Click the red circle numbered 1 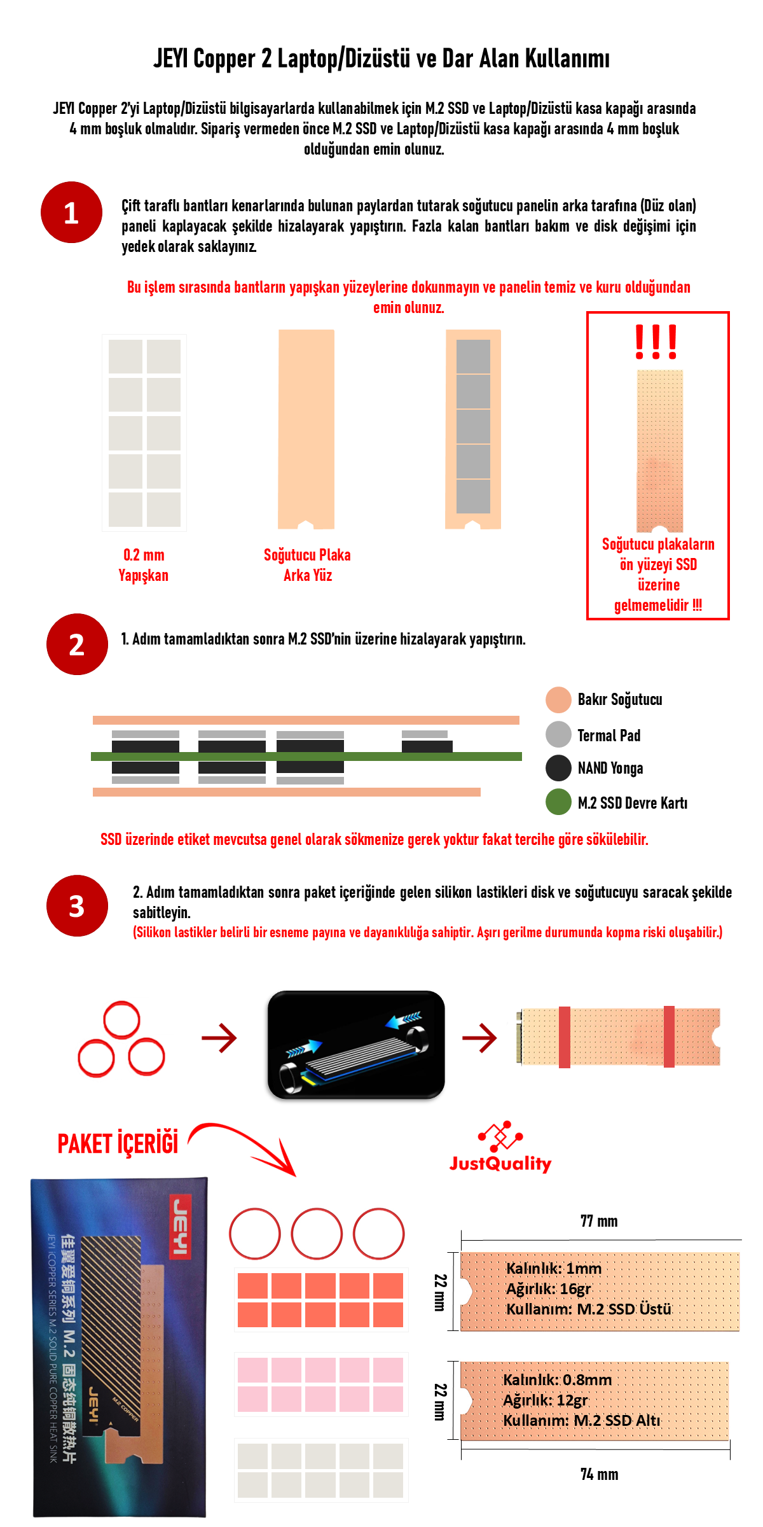[x=71, y=213]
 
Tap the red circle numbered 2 [x=77, y=645]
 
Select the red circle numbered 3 [x=77, y=906]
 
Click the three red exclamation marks [x=656, y=342]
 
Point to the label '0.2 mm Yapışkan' [x=144, y=565]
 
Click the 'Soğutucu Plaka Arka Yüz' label [x=307, y=565]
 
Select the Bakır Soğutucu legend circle [x=558, y=700]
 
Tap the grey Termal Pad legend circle [x=558, y=734]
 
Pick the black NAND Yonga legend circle [x=558, y=768]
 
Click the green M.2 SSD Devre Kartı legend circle [x=558, y=802]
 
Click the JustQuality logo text [x=500, y=1164]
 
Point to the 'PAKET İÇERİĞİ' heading [x=118, y=1143]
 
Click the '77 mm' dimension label [x=599, y=1221]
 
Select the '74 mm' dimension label [x=599, y=1474]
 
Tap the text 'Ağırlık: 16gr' [x=548, y=1289]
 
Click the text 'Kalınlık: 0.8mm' [x=557, y=1380]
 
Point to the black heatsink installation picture [x=356, y=1045]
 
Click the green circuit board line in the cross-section [x=306, y=757]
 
